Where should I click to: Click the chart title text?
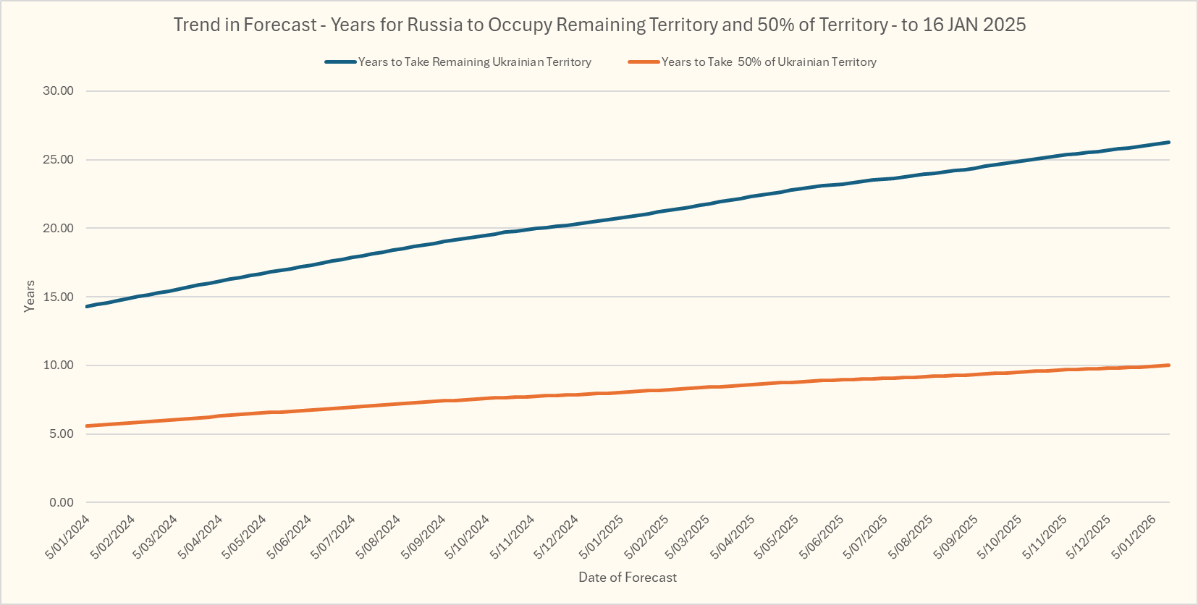(599, 25)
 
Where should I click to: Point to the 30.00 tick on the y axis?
(58, 90)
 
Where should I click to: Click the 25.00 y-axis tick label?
(58, 159)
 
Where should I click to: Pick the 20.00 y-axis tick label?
(58, 228)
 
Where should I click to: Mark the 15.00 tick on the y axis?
(58, 297)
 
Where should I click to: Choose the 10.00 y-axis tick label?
(58, 365)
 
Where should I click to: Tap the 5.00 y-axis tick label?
(61, 433)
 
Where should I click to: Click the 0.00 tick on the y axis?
(61, 502)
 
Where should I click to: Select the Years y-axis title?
(29, 296)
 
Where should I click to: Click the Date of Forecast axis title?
(627, 577)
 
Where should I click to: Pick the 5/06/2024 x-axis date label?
(290, 536)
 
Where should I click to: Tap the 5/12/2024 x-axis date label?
(557, 536)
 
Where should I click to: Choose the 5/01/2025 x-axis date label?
(602, 536)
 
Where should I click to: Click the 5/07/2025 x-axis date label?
(866, 536)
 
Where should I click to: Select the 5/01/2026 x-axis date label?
(1134, 536)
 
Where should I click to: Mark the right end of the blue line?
(1169, 143)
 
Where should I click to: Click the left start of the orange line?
(87, 426)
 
